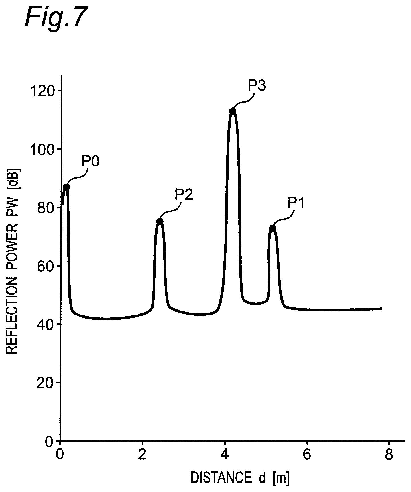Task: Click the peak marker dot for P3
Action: click(233, 111)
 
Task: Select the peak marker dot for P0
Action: click(66, 187)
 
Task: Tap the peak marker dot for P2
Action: click(160, 221)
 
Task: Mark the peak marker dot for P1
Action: click(272, 228)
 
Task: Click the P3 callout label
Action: click(257, 85)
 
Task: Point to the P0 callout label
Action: click(90, 162)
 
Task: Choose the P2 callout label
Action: click(184, 195)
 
